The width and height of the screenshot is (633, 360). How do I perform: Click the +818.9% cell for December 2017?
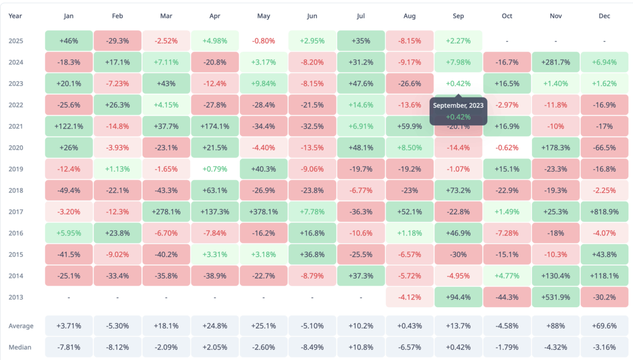(604, 212)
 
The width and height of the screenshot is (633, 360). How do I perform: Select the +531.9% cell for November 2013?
(556, 297)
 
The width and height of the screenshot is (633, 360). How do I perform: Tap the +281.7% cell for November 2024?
(556, 62)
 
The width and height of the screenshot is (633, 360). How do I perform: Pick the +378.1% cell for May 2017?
(264, 212)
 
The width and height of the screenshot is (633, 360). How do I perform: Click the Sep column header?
(458, 16)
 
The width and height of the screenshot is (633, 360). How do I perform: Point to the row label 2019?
(15, 169)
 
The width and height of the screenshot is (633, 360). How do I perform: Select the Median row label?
(20, 347)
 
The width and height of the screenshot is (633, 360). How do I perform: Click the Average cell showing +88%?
(556, 326)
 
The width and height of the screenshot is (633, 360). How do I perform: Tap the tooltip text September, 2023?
(458, 106)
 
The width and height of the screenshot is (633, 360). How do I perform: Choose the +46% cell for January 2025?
(69, 41)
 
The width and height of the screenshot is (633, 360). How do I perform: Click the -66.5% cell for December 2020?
(604, 148)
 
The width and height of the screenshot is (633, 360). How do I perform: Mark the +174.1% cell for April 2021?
(215, 126)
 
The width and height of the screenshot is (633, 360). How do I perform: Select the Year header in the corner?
(15, 16)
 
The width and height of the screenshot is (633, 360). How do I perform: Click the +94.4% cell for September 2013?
(458, 297)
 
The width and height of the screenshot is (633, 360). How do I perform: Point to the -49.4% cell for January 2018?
(69, 190)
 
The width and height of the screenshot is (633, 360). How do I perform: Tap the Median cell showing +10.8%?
(361, 347)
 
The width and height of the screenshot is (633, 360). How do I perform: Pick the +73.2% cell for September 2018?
(458, 190)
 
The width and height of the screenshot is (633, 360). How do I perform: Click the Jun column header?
(312, 16)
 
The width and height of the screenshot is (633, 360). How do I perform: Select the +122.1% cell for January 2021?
(69, 126)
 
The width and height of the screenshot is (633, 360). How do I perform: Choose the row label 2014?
(15, 276)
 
